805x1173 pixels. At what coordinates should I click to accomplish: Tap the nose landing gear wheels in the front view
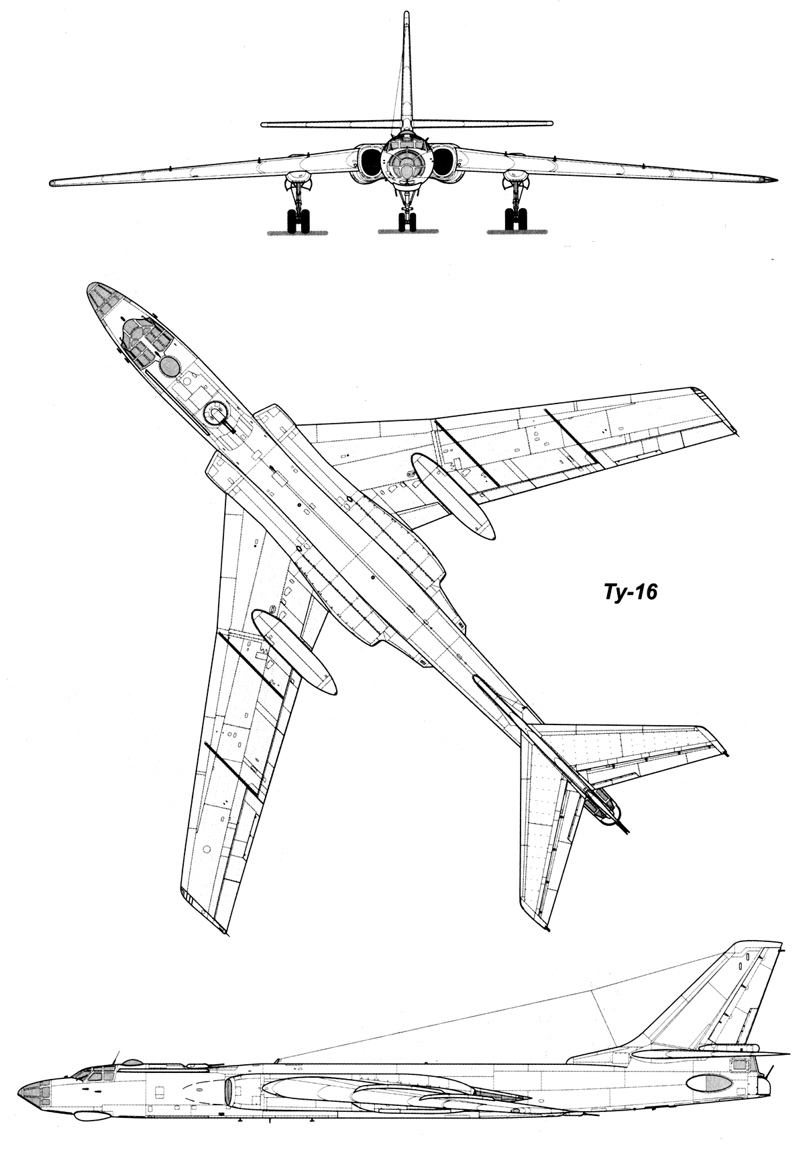point(407,222)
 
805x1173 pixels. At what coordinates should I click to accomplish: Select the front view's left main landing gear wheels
point(299,221)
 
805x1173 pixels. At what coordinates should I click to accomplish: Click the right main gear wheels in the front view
point(515,221)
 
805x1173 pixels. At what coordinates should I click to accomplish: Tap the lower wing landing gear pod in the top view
point(293,652)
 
